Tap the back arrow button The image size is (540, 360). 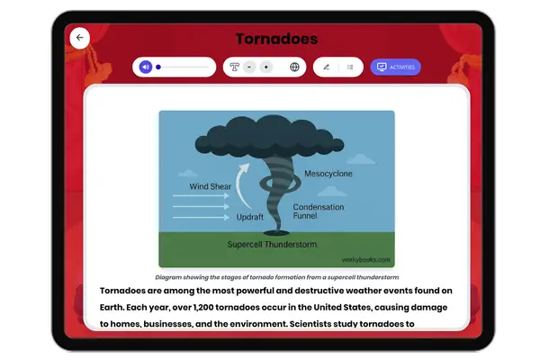tap(80, 38)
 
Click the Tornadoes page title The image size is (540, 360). tap(276, 39)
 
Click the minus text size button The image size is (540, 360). tap(249, 67)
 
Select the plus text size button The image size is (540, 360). tap(265, 67)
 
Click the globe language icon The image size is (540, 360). tap(294, 67)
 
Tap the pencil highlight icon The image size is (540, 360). tap(326, 67)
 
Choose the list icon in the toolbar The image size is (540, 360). tap(350, 67)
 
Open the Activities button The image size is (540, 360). tap(395, 67)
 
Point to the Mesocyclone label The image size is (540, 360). tap(328, 173)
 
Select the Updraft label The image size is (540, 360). tap(249, 218)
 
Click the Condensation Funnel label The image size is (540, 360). tap(319, 211)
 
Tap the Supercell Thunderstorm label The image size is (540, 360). tap(272, 243)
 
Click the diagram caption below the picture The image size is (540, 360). tap(276, 277)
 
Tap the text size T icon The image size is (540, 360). tap(235, 67)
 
